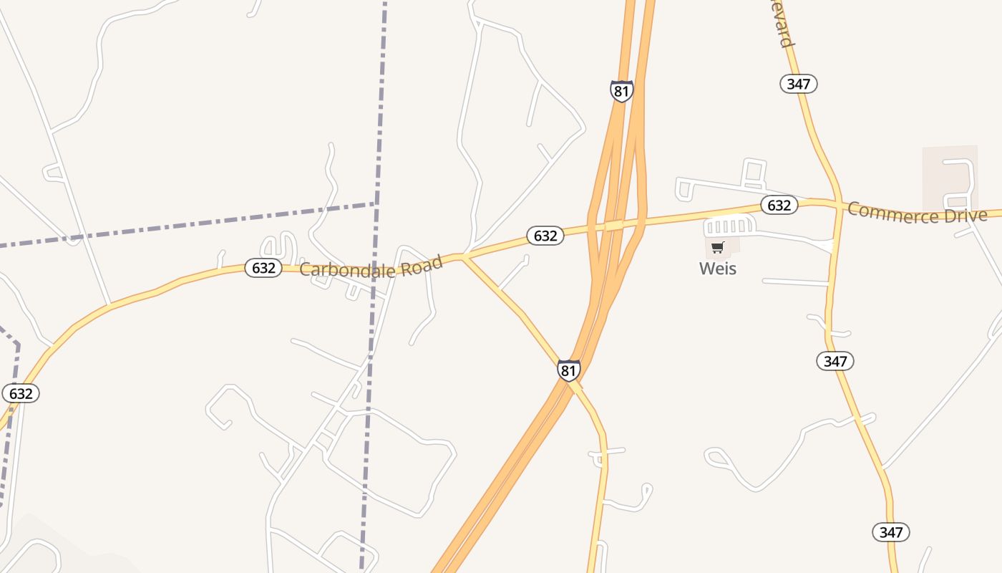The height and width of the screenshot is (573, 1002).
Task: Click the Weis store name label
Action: click(x=718, y=269)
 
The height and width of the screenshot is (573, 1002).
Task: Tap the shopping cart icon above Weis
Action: click(x=718, y=247)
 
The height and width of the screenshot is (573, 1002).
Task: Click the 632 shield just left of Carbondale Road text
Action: click(x=263, y=268)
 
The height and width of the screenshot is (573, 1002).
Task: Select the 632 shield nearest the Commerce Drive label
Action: click(x=779, y=206)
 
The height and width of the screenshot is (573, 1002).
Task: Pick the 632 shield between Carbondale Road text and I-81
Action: click(x=545, y=235)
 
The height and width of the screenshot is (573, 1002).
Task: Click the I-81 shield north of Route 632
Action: click(x=621, y=91)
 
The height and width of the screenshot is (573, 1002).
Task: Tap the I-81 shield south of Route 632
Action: click(x=568, y=370)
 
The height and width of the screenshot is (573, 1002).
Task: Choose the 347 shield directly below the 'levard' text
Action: click(x=798, y=84)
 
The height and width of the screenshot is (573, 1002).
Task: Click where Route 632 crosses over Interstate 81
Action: click(x=616, y=225)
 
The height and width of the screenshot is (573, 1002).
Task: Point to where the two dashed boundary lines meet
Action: click(x=376, y=204)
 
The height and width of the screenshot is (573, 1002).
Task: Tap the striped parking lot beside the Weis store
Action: click(x=729, y=226)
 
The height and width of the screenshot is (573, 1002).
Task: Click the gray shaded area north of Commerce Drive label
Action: click(x=950, y=175)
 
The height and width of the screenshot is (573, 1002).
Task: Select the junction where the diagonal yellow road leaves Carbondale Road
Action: click(x=463, y=256)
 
